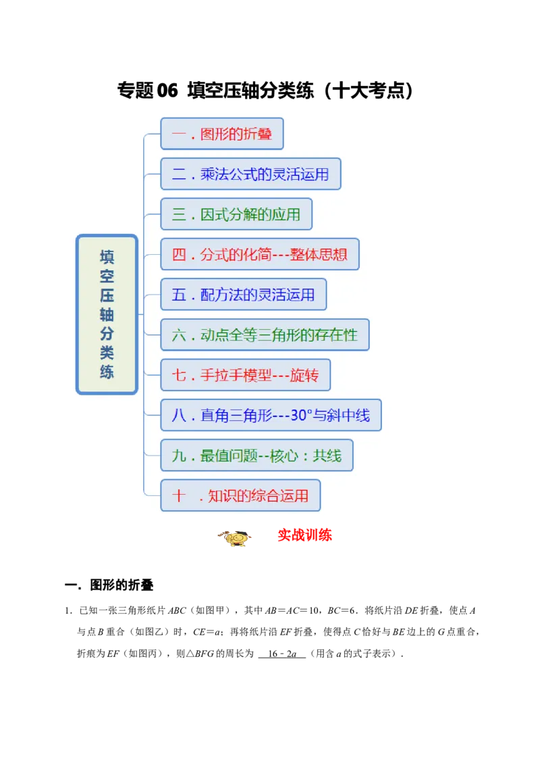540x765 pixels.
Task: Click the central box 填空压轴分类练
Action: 107,314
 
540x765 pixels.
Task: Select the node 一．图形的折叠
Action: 221,134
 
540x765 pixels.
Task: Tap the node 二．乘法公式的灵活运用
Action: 250,174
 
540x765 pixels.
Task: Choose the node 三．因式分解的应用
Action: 236,214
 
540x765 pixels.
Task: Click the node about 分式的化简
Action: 260,254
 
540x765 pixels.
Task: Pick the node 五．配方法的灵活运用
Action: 243,295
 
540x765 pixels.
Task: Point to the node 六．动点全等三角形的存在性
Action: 265,335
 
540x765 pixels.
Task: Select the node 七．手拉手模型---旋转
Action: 245,375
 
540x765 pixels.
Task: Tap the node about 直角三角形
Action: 271,415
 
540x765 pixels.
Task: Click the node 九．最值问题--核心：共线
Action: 256,455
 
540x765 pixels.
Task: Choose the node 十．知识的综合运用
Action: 240,495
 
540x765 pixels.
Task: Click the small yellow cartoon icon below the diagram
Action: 234,539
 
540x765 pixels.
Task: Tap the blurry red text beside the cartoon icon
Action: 304,536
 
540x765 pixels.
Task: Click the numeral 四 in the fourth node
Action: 179,255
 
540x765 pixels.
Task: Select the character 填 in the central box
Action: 107,257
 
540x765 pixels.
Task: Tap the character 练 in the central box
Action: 107,372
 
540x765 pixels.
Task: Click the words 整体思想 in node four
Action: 327,255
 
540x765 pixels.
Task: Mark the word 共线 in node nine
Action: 327,456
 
